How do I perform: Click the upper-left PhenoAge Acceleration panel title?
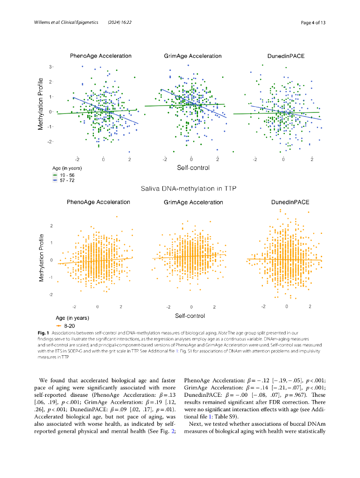[x=100, y=56]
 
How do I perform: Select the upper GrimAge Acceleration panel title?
[x=192, y=56]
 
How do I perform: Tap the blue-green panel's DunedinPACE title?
[x=286, y=56]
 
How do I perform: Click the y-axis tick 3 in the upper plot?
[x=50, y=67]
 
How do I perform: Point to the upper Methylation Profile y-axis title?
[x=41, y=104]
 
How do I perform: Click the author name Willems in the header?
[x=42, y=23]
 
